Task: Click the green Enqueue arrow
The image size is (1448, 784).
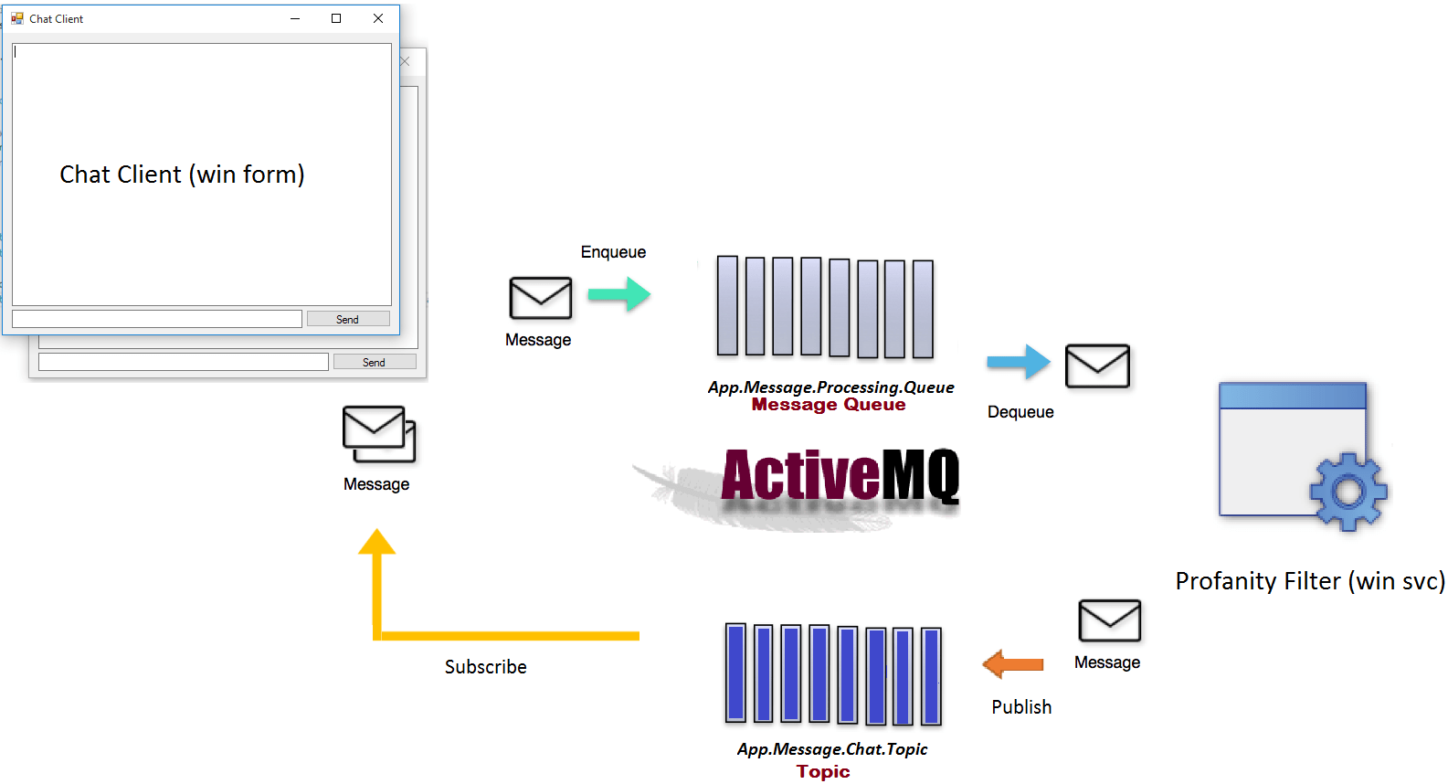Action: click(x=618, y=294)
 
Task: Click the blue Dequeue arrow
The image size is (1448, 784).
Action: click(x=1019, y=362)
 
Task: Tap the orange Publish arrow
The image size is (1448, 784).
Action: click(x=1012, y=664)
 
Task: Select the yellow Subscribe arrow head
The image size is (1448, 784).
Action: click(x=376, y=543)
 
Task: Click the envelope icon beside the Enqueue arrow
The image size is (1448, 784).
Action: click(x=540, y=298)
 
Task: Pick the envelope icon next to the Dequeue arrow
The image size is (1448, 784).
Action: click(x=1097, y=366)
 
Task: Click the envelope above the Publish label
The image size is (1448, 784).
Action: click(x=1109, y=621)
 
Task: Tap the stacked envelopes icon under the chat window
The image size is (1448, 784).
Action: click(x=378, y=433)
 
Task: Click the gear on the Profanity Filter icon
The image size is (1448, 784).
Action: click(x=1348, y=492)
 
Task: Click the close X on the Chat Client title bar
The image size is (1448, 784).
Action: click(x=378, y=18)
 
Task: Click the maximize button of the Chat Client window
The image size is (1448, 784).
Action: click(x=336, y=18)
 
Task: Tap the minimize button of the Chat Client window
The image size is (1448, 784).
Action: click(x=295, y=18)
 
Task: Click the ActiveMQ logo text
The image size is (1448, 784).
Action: click(x=840, y=475)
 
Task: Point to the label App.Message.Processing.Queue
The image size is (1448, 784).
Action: click(x=830, y=387)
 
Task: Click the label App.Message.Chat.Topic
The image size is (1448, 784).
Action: click(x=831, y=749)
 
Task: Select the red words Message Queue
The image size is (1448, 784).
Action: click(x=829, y=405)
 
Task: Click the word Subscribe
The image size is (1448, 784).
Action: click(x=485, y=667)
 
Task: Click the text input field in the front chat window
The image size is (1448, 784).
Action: click(x=157, y=319)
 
